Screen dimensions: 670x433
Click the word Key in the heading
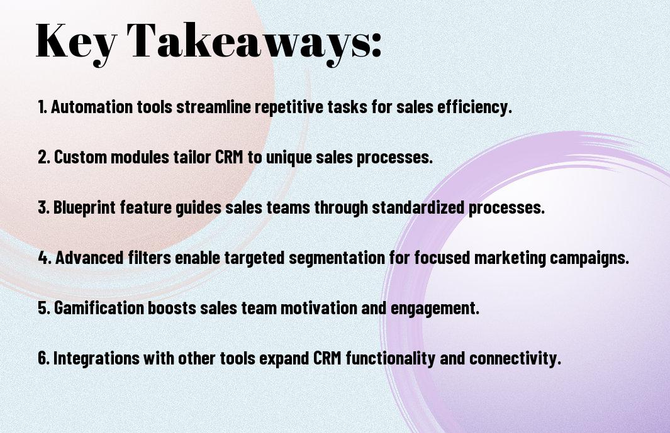[76, 42]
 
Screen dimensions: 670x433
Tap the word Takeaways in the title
[248, 42]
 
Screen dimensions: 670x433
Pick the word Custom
[80, 157]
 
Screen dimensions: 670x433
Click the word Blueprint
[84, 208]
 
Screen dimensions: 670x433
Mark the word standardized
[418, 207]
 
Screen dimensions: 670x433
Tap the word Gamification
[99, 308]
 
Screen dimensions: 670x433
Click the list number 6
[43, 358]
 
